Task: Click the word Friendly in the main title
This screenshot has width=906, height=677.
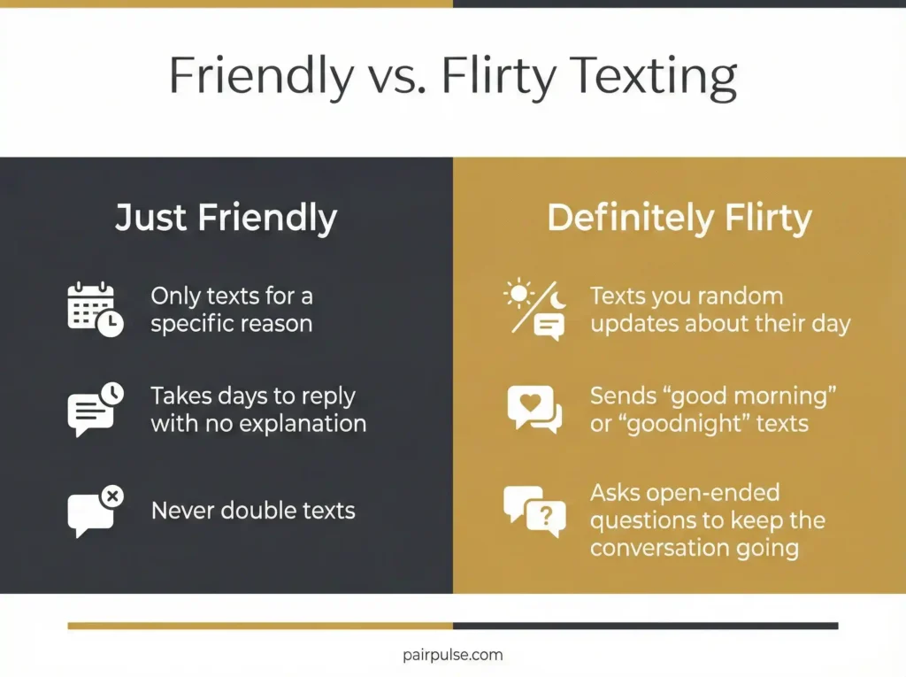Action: pyautogui.click(x=261, y=78)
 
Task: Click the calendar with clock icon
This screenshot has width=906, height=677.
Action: pyautogui.click(x=95, y=309)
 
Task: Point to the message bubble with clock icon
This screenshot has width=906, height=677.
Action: pyautogui.click(x=95, y=409)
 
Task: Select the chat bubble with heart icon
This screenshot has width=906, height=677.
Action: pyautogui.click(x=534, y=409)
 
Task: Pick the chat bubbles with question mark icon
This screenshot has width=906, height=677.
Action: pyautogui.click(x=534, y=511)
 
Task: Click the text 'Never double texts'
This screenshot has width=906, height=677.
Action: pyautogui.click(x=253, y=511)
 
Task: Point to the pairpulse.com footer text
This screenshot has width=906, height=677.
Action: pyautogui.click(x=452, y=655)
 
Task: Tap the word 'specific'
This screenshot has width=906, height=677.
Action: pyautogui.click(x=188, y=323)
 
